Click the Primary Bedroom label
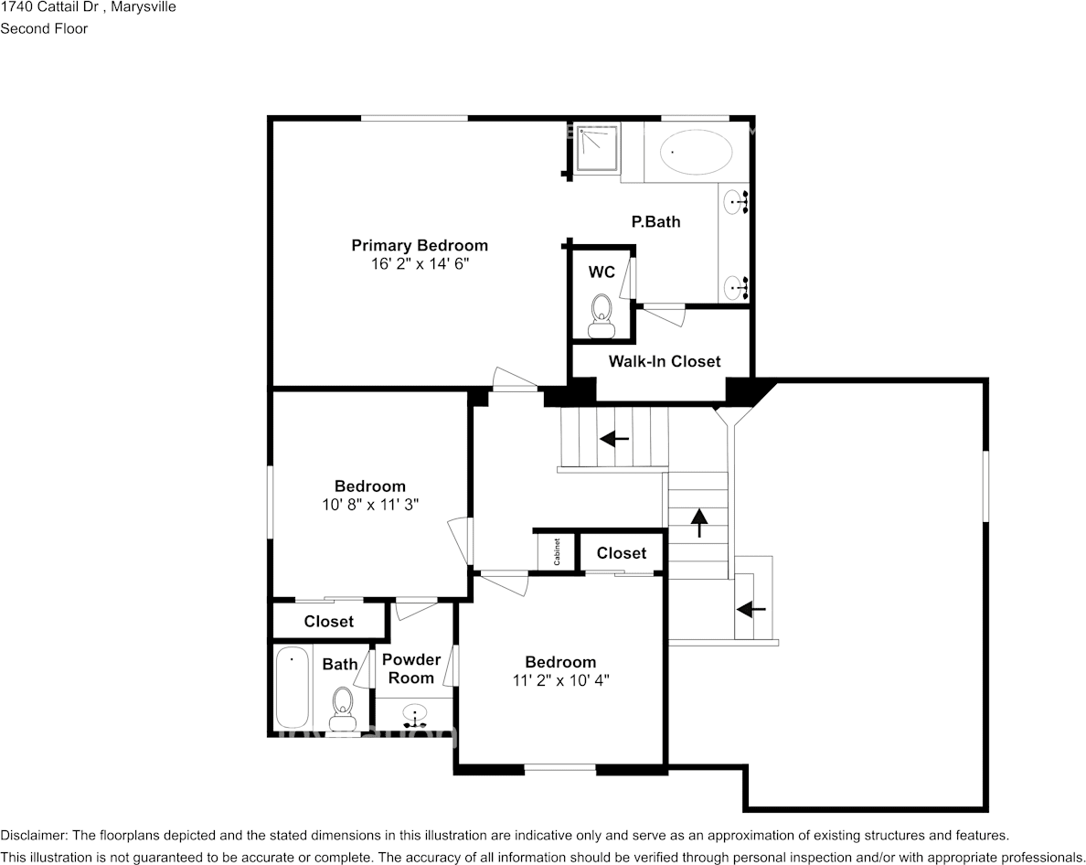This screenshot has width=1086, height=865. coord(420,245)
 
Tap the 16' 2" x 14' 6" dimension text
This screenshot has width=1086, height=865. coord(420,264)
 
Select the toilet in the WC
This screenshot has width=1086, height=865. coord(602,315)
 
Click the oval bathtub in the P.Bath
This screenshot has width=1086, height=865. coord(696,152)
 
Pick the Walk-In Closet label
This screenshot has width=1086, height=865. coord(665,361)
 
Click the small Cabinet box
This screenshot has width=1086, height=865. coord(557,551)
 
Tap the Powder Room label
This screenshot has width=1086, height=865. coord(411,669)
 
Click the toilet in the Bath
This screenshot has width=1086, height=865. coord(342,709)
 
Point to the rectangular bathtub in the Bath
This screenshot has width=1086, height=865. coord(293,687)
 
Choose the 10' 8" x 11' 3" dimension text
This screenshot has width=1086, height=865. coord(370,505)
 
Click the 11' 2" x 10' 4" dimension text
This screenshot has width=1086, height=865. coord(561,680)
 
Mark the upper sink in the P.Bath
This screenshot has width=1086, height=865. coord(736,202)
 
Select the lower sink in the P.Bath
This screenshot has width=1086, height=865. coord(736,286)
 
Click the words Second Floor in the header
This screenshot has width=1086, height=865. coord(44,28)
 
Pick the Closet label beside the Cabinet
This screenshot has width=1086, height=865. coord(622,553)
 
